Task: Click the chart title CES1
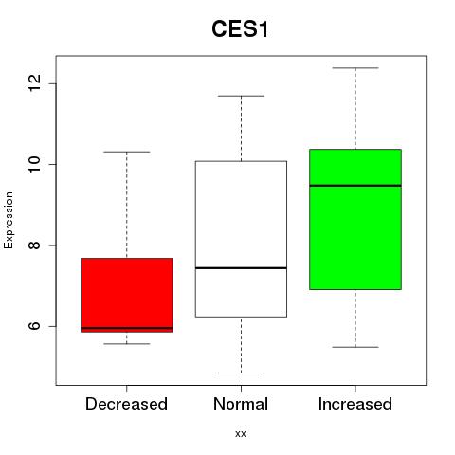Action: [x=240, y=29]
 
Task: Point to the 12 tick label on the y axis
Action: [x=35, y=83]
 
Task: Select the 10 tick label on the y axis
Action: [x=35, y=164]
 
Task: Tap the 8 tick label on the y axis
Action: [x=35, y=246]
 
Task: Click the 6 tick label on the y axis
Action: [x=35, y=326]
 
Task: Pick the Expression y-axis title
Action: [x=9, y=220]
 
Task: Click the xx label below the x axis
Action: [x=241, y=434]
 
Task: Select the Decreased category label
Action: [x=126, y=404]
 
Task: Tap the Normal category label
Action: [x=241, y=404]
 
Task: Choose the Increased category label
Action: [x=355, y=404]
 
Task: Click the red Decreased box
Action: [x=127, y=295]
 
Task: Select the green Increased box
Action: [x=355, y=219]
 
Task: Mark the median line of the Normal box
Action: [x=241, y=268]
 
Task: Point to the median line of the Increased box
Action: [x=355, y=186]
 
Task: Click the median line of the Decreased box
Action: [x=127, y=328]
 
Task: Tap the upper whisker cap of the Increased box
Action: [x=355, y=68]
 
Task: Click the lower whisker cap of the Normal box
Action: [x=241, y=373]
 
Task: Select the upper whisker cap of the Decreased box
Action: [x=127, y=152]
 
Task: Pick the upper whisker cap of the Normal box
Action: [x=241, y=96]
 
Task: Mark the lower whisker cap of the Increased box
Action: [x=355, y=347]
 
